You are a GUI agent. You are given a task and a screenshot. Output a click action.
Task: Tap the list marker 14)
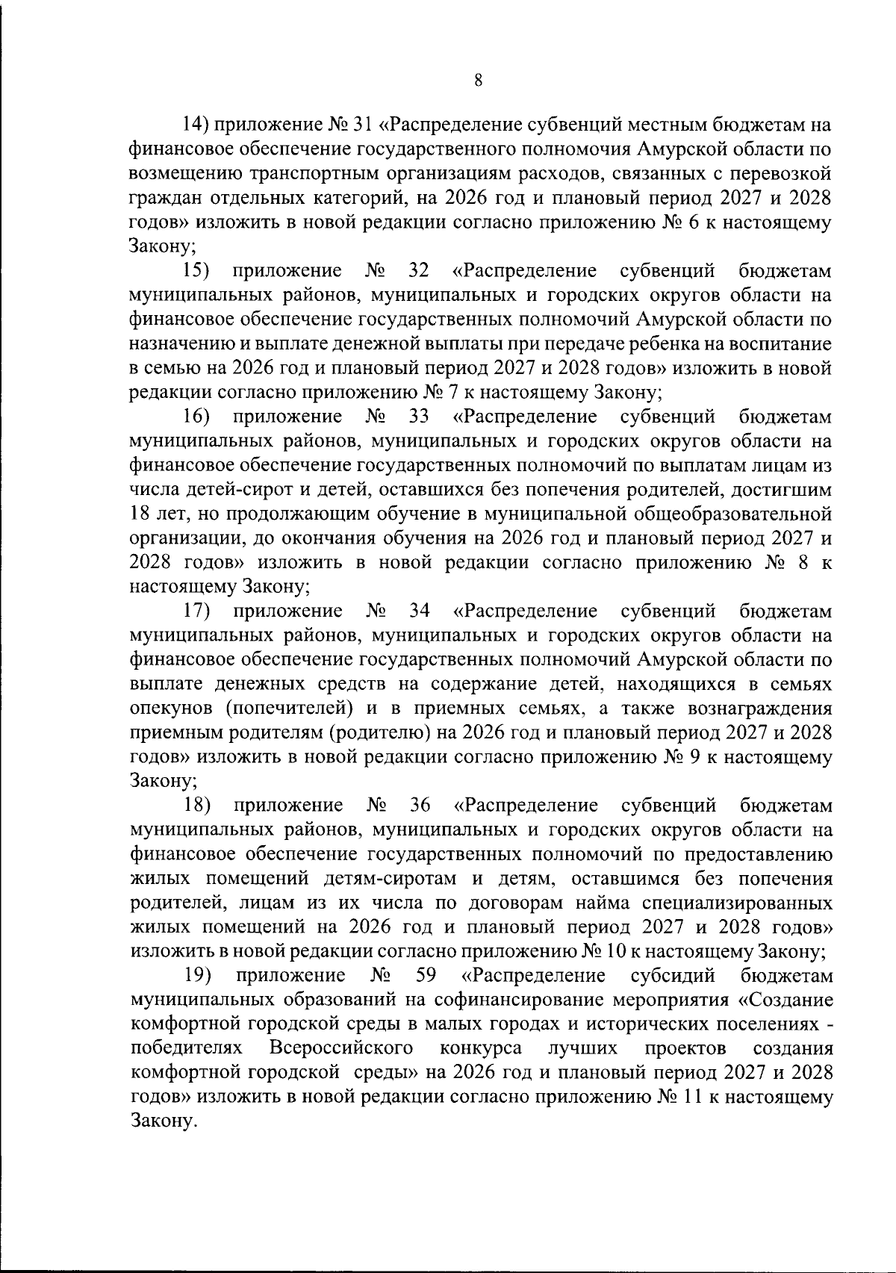[201, 124]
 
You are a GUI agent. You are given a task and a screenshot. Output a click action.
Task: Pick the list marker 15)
[198, 271]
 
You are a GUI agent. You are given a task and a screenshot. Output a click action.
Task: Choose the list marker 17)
[198, 611]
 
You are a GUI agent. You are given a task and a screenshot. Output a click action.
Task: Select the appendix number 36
[421, 806]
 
